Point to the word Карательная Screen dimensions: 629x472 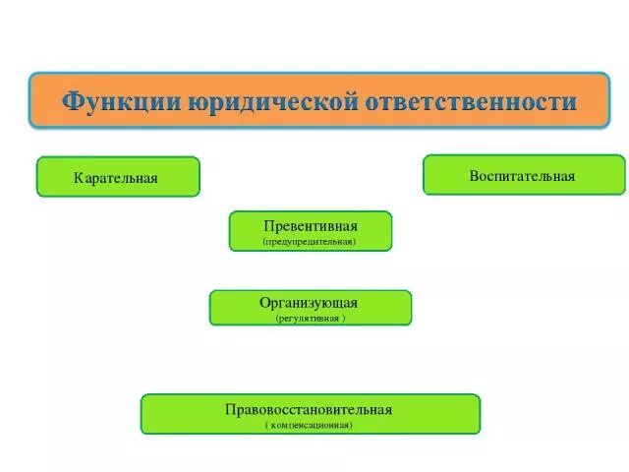coord(116,179)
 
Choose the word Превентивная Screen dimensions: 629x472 coord(310,225)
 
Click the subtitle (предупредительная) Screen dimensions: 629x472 coord(310,241)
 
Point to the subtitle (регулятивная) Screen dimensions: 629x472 coord(310,319)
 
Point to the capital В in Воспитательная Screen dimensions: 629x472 coord(475,176)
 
